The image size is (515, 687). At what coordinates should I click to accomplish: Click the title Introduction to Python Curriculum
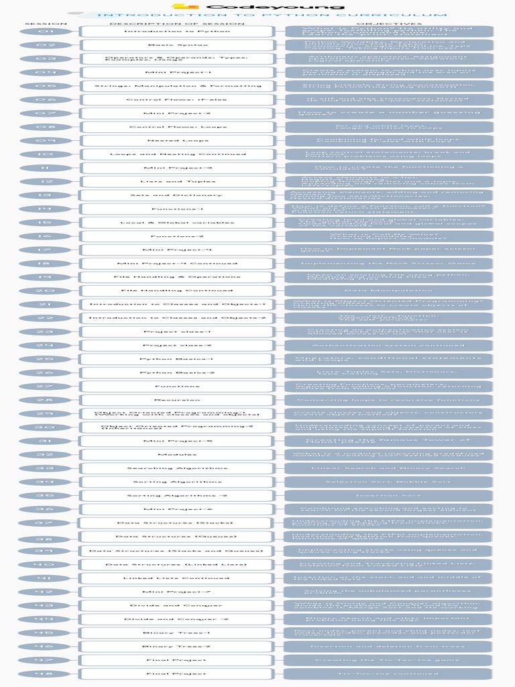[272, 15]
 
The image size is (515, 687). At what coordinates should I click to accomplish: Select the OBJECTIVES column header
[390, 24]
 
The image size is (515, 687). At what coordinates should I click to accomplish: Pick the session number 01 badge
[46, 32]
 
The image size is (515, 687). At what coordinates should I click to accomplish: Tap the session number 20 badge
[46, 290]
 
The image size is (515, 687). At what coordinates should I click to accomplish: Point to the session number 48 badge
[46, 674]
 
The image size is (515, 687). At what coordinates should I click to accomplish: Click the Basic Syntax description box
[177, 45]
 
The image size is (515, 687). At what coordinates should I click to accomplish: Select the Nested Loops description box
[177, 140]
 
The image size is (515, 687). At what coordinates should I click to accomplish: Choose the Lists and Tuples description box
[177, 181]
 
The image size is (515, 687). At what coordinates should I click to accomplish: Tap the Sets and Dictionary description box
[177, 195]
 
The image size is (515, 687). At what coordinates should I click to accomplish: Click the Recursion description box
[177, 400]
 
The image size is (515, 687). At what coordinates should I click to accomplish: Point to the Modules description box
[177, 454]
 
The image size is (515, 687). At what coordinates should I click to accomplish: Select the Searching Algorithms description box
[177, 468]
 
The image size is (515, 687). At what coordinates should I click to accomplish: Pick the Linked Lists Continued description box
[177, 578]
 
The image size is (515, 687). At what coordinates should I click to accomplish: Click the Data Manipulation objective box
[390, 290]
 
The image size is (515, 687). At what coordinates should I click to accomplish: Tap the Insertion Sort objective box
[390, 496]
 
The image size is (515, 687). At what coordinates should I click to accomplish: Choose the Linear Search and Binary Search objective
[390, 468]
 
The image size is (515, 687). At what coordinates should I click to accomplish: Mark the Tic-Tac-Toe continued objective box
[390, 674]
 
